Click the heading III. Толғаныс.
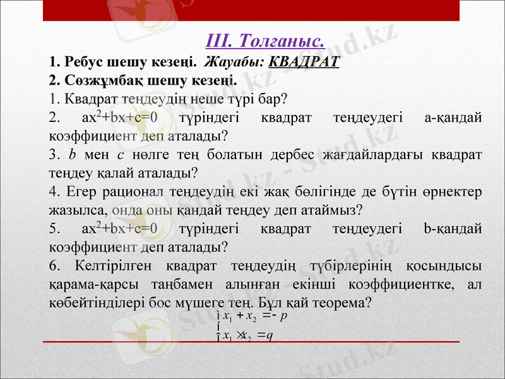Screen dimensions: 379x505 pos(266,42)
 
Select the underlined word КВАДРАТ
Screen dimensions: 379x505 pos(304,63)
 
